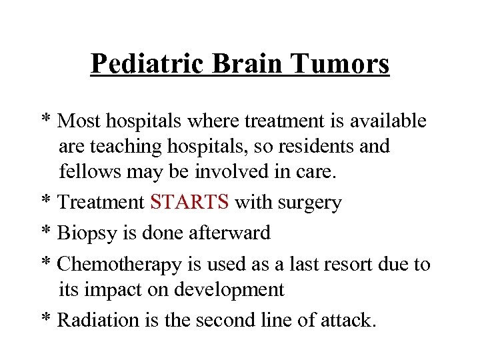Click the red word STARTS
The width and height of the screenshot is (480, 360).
pyautogui.click(x=190, y=203)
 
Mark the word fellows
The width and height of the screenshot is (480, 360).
pyautogui.click(x=86, y=171)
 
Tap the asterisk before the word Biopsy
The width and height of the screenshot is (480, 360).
pyautogui.click(x=46, y=232)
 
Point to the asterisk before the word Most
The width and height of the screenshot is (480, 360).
pyautogui.click(x=46, y=119)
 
